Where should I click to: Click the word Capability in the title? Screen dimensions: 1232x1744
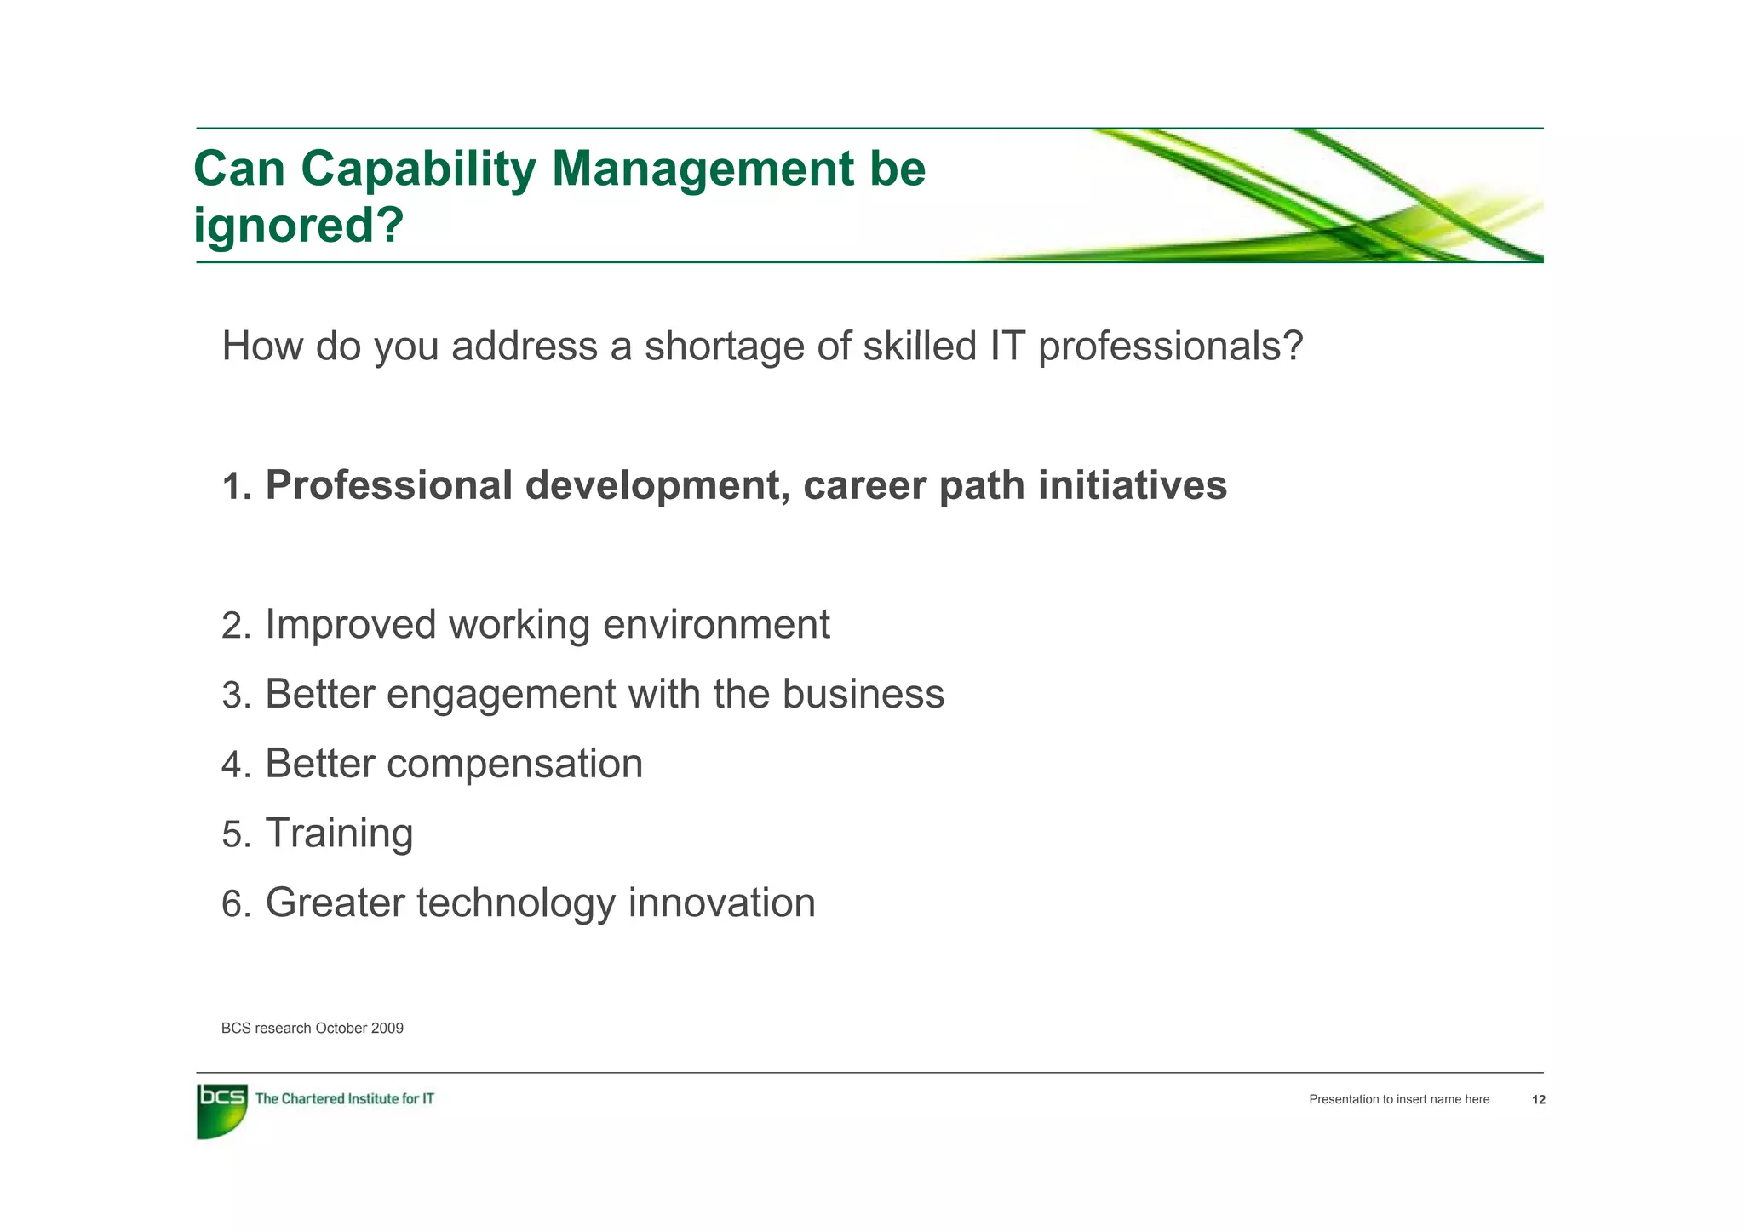pyautogui.click(x=417, y=170)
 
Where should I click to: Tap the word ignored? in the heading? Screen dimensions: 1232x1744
pyautogui.click(x=298, y=226)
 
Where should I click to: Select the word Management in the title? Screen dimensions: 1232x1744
pyautogui.click(x=702, y=170)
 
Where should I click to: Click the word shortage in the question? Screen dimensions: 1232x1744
pyautogui.click(x=724, y=347)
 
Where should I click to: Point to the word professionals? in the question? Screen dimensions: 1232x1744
pyautogui.click(x=1170, y=347)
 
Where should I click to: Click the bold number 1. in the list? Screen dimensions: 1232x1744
pyautogui.click(x=237, y=487)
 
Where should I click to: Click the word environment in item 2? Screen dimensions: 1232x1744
pyautogui.click(x=715, y=625)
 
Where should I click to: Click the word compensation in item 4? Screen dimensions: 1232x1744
pyautogui.click(x=514, y=765)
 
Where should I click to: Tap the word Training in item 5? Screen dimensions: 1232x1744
pyautogui.click(x=339, y=834)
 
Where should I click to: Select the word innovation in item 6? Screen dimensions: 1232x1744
pyautogui.click(x=721, y=903)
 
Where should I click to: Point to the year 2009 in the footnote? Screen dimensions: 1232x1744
pyautogui.click(x=387, y=1029)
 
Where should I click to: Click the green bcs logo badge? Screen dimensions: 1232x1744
pyautogui.click(x=221, y=1110)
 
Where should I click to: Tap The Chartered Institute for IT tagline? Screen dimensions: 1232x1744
pyautogui.click(x=344, y=1099)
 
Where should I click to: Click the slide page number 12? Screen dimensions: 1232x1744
pyautogui.click(x=1538, y=1100)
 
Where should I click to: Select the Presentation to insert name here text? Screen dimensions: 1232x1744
pyautogui.click(x=1398, y=1100)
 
